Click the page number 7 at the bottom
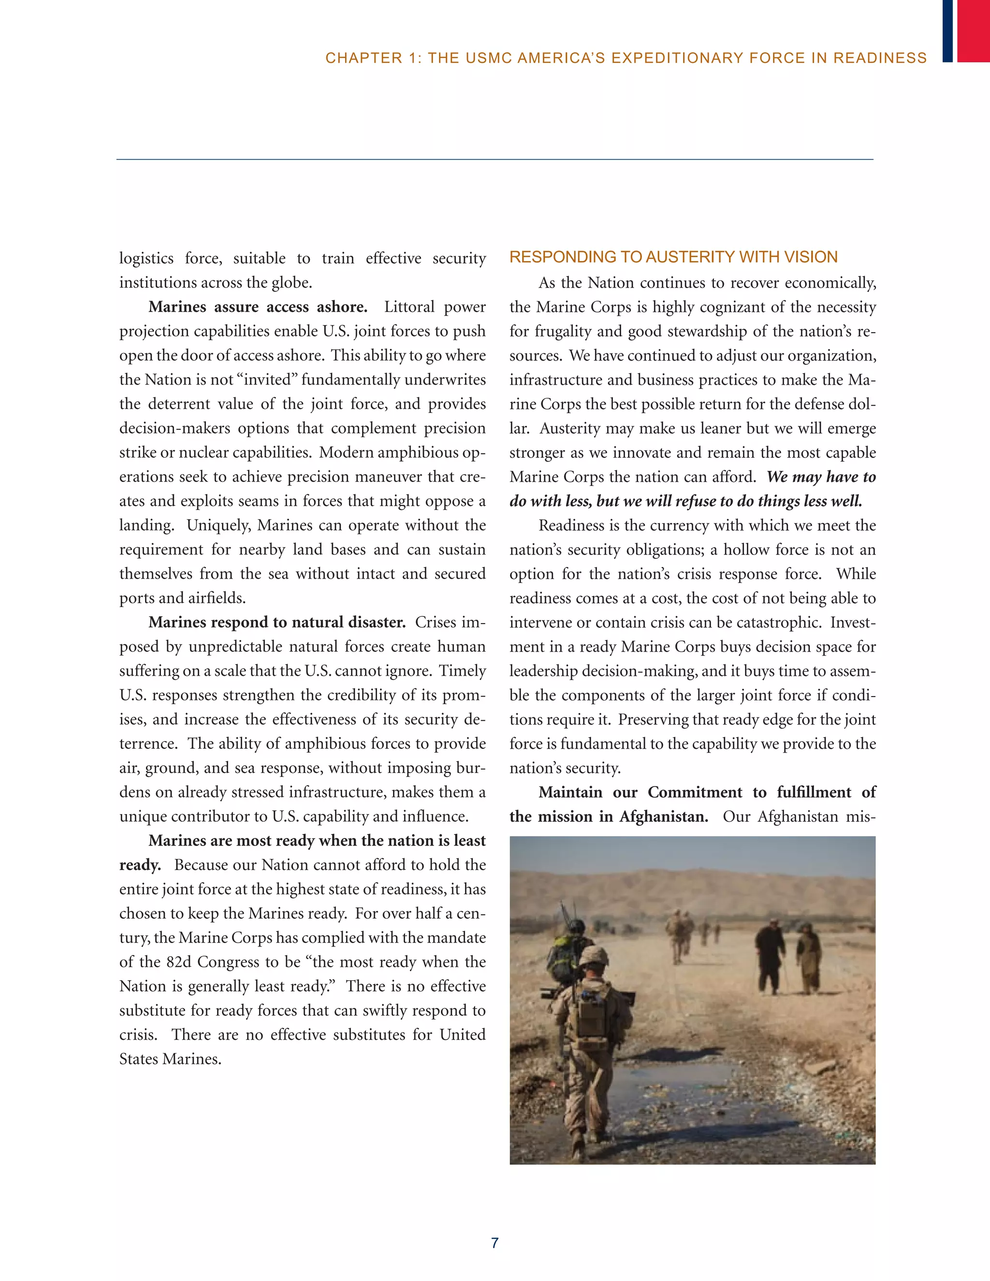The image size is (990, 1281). pos(495,1242)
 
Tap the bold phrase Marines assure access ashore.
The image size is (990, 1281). pos(258,307)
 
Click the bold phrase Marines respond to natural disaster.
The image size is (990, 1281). pos(277,622)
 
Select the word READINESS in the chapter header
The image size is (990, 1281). pos(880,58)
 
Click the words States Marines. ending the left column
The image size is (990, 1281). pos(170,1059)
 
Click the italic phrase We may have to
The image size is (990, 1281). pos(821,477)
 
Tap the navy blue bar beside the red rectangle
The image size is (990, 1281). pos(947,30)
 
